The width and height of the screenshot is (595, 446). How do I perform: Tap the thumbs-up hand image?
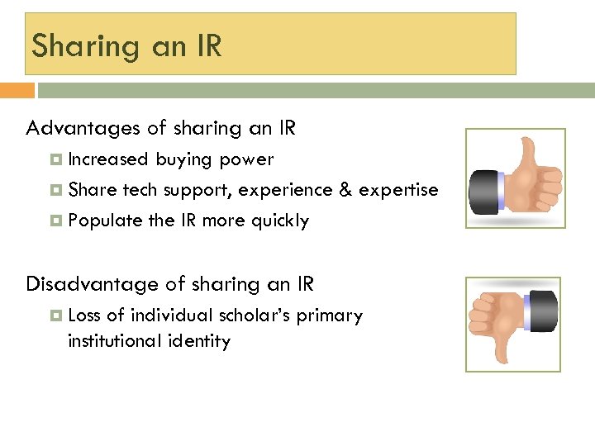[x=515, y=178]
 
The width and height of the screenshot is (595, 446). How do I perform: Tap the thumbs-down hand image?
[x=514, y=324]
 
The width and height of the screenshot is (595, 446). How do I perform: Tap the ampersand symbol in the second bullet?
[x=345, y=190]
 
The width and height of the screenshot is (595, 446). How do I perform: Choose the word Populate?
[x=106, y=221]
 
